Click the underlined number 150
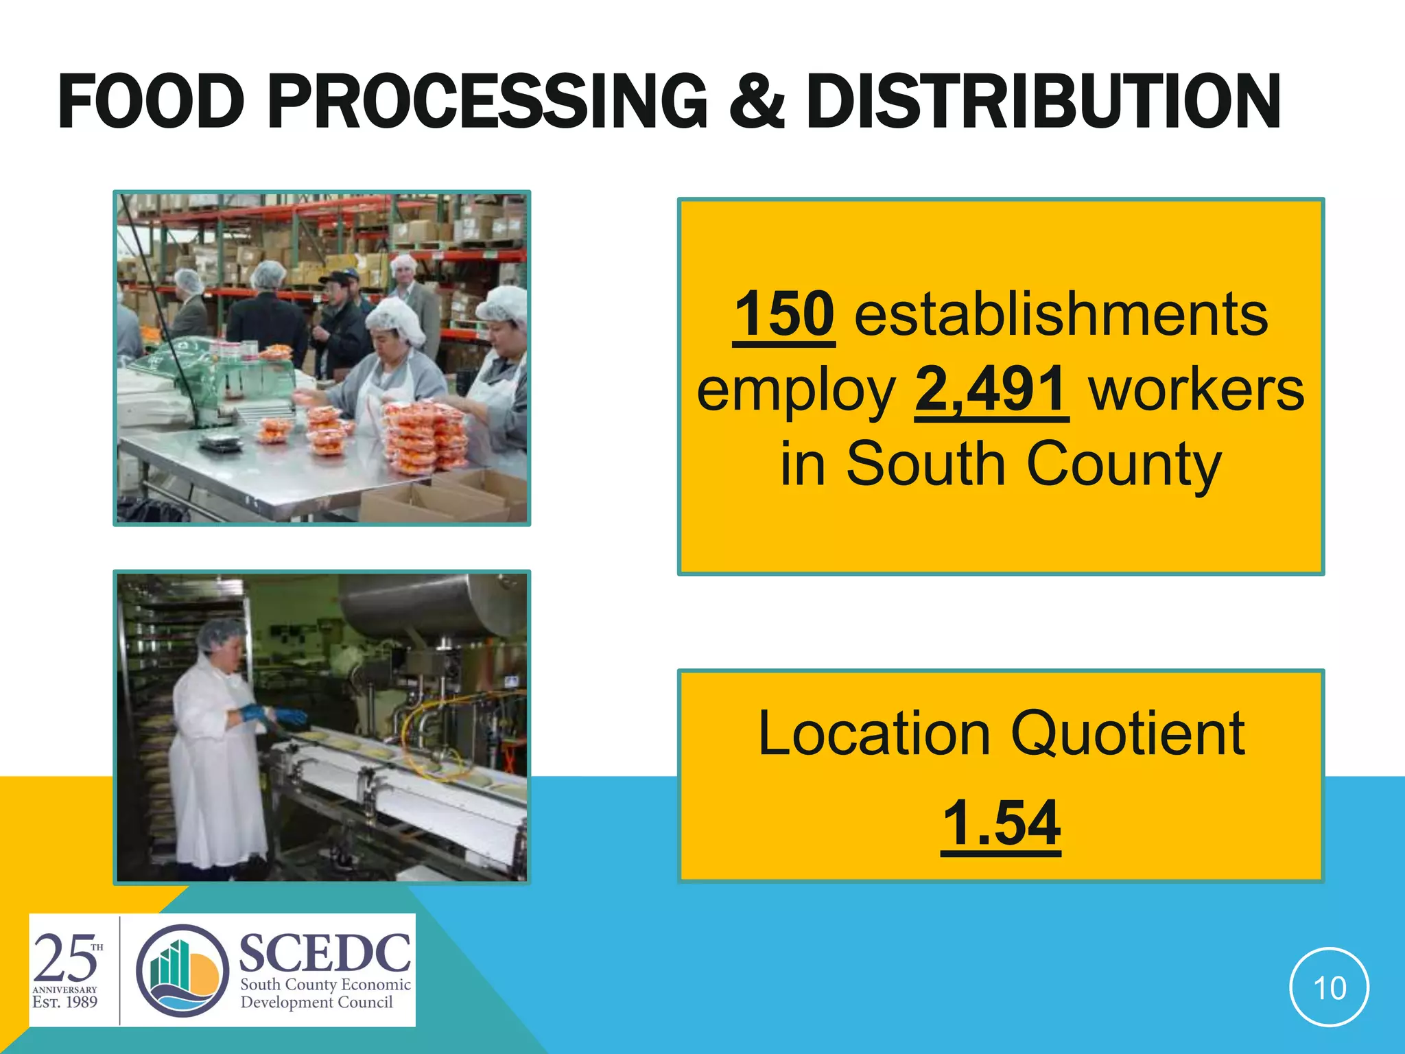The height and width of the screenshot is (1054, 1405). [783, 314]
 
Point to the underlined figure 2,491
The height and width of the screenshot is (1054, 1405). [991, 389]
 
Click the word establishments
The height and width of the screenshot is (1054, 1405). [1061, 314]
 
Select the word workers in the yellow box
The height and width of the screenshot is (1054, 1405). [1196, 389]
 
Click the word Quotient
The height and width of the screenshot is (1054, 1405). [1128, 734]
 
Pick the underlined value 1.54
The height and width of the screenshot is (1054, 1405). [1001, 823]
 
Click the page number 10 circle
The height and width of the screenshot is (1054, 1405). [1329, 987]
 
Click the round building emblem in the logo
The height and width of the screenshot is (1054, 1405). [182, 970]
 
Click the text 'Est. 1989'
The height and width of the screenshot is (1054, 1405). [64, 1002]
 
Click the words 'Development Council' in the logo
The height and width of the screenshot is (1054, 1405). [316, 1003]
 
